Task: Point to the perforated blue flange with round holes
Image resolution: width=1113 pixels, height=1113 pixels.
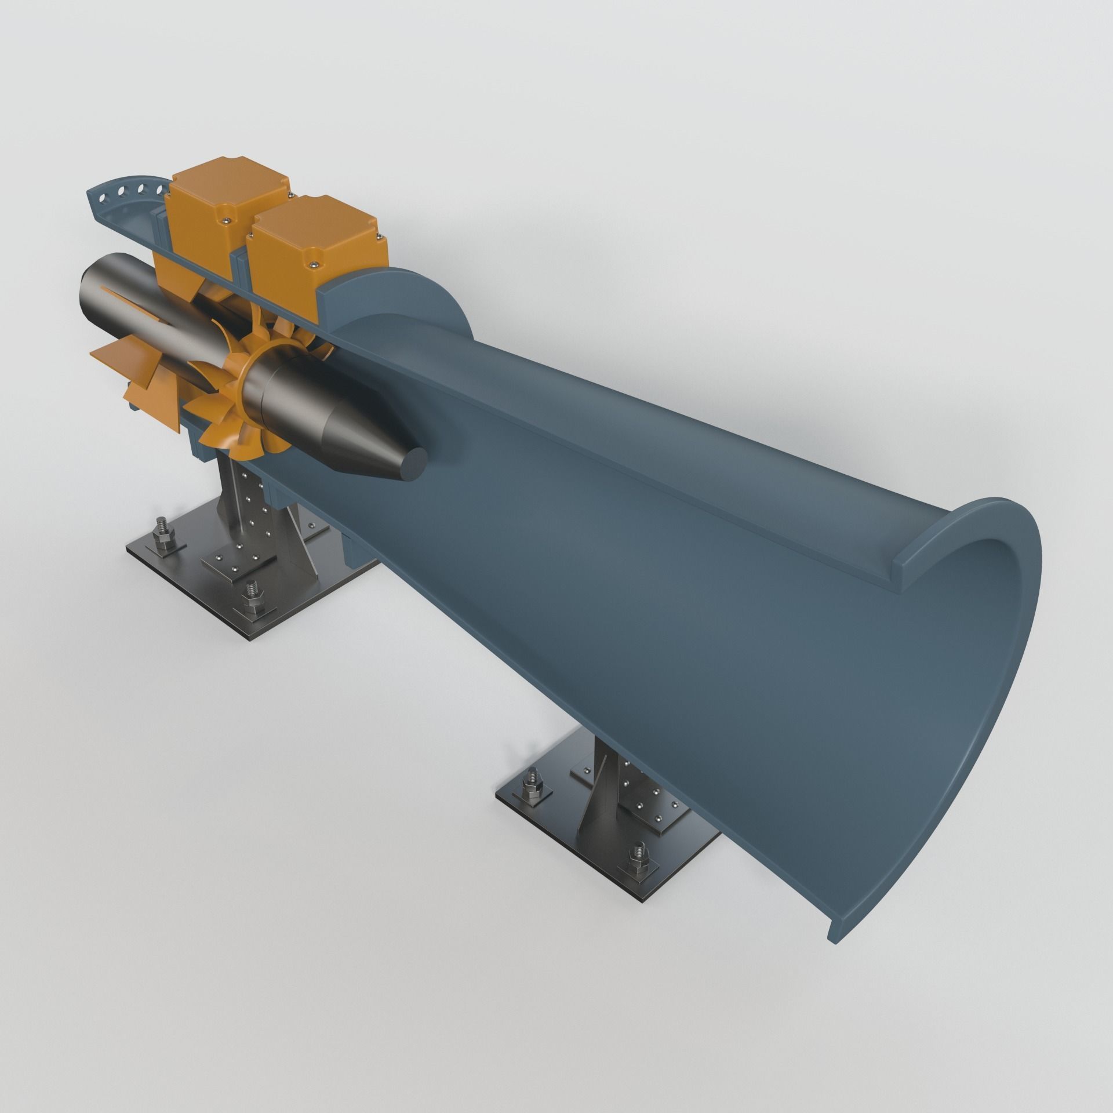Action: (122, 200)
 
